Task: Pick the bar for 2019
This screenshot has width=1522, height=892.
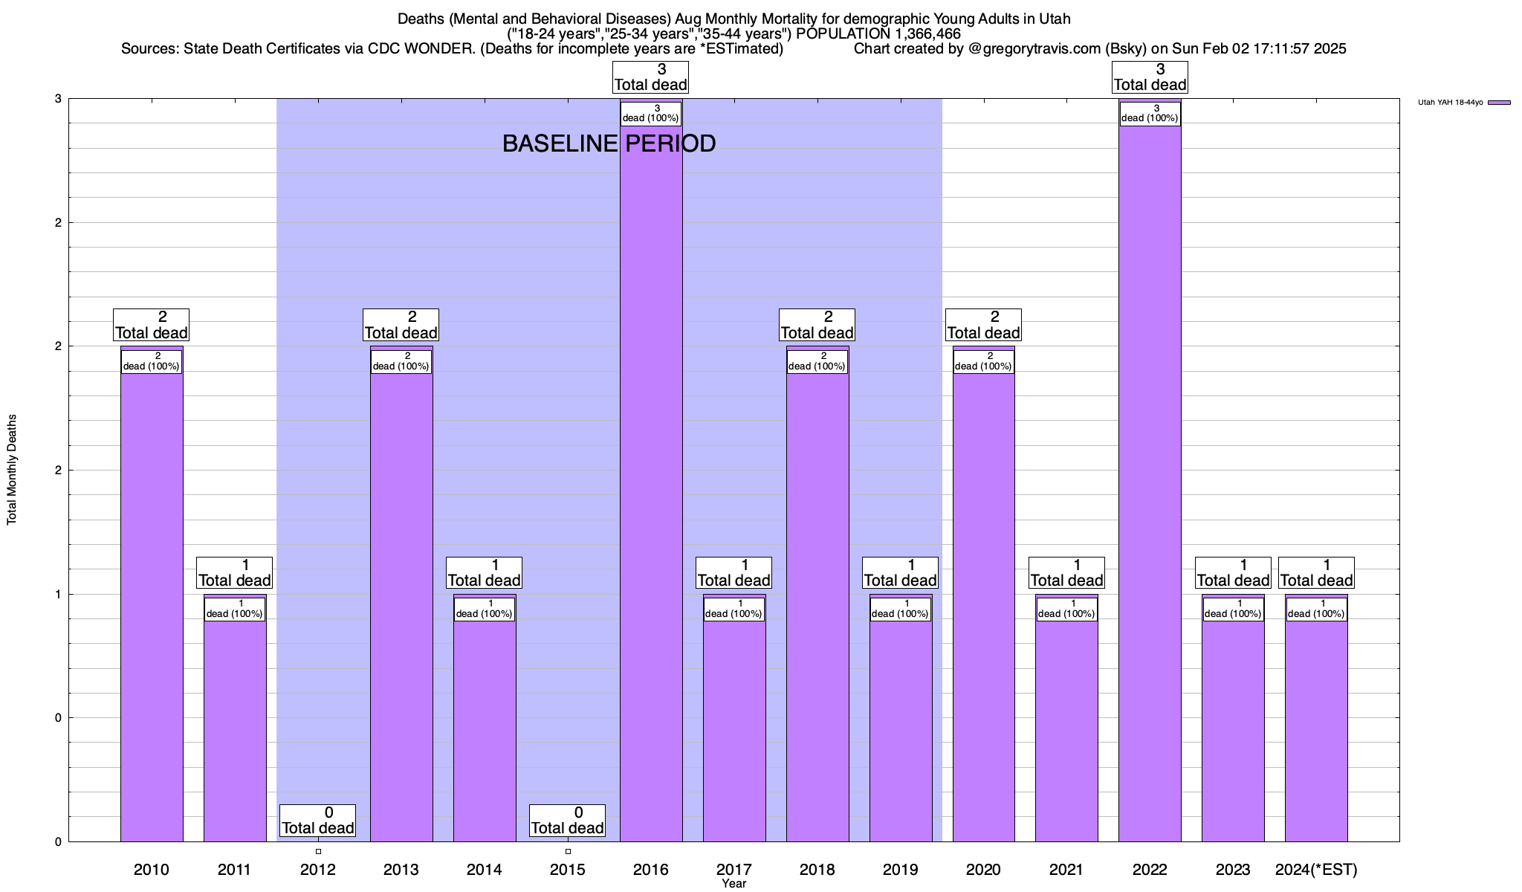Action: pyautogui.click(x=901, y=728)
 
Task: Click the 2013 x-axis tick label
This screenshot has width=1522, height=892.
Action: pyautogui.click(x=401, y=869)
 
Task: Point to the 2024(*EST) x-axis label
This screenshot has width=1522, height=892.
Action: pyautogui.click(x=1316, y=869)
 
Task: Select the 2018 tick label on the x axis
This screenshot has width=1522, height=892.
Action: pyautogui.click(x=817, y=869)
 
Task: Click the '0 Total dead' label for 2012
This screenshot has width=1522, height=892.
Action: pyautogui.click(x=318, y=821)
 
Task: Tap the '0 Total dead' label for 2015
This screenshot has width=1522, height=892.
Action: pyautogui.click(x=568, y=821)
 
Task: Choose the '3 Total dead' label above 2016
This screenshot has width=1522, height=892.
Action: pyautogui.click(x=651, y=77)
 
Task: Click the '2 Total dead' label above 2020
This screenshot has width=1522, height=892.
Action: pyautogui.click(x=983, y=326)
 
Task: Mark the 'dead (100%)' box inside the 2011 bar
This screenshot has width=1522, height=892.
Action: pyautogui.click(x=235, y=609)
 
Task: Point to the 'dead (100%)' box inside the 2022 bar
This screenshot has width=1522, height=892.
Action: pyautogui.click(x=1150, y=114)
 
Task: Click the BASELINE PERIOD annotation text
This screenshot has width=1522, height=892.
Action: pyautogui.click(x=609, y=143)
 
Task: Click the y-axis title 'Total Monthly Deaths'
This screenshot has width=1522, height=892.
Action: pyautogui.click(x=12, y=470)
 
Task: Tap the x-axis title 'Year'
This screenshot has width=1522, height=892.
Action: pyautogui.click(x=734, y=884)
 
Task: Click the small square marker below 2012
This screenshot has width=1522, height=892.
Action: pyautogui.click(x=318, y=851)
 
